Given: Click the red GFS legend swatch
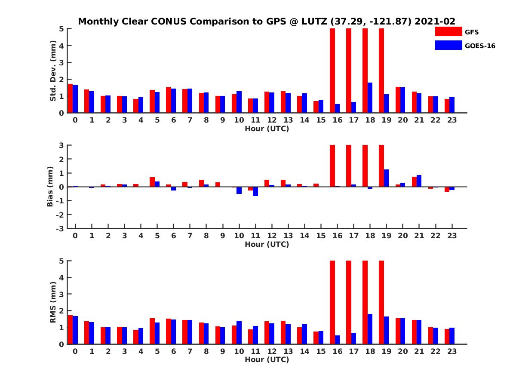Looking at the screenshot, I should click(x=448, y=31).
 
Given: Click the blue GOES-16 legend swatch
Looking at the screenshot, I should click(x=448, y=45).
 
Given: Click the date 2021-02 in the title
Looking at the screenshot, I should click(x=435, y=21).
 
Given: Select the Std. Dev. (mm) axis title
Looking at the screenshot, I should click(x=53, y=71).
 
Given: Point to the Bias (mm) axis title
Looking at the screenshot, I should click(x=50, y=186).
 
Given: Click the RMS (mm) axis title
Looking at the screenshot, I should click(x=53, y=302).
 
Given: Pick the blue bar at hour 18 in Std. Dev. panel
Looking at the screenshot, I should click(x=370, y=98).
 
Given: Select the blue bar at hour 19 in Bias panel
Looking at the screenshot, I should click(x=386, y=178).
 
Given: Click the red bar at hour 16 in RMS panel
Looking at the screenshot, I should click(x=332, y=302).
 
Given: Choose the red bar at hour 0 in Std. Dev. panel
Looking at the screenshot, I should click(x=71, y=98).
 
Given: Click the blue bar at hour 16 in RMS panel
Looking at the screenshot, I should click(x=337, y=340).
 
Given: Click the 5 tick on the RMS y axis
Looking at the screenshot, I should click(x=61, y=261).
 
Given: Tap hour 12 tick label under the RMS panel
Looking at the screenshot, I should click(x=271, y=352).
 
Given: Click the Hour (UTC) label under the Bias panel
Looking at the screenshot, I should click(x=267, y=244).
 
